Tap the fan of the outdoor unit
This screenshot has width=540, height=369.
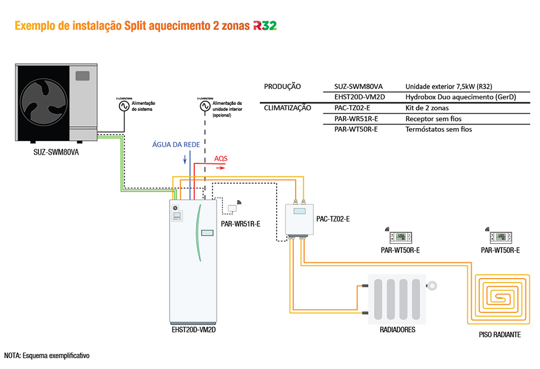coord(42,103)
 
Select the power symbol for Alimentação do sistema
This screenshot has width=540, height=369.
coord(122,105)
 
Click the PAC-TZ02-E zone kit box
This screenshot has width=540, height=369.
coord(298,219)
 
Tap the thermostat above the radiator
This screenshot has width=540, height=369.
coord(400,237)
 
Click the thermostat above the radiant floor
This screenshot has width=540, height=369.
coord(500,237)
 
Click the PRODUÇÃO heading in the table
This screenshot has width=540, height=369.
coord(283,87)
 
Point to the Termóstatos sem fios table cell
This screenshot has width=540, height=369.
coord(438,129)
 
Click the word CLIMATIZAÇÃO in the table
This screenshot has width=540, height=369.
coord(287,108)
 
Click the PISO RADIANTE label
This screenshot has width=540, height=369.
coord(500,335)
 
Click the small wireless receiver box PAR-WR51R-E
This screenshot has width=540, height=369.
coord(232,208)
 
